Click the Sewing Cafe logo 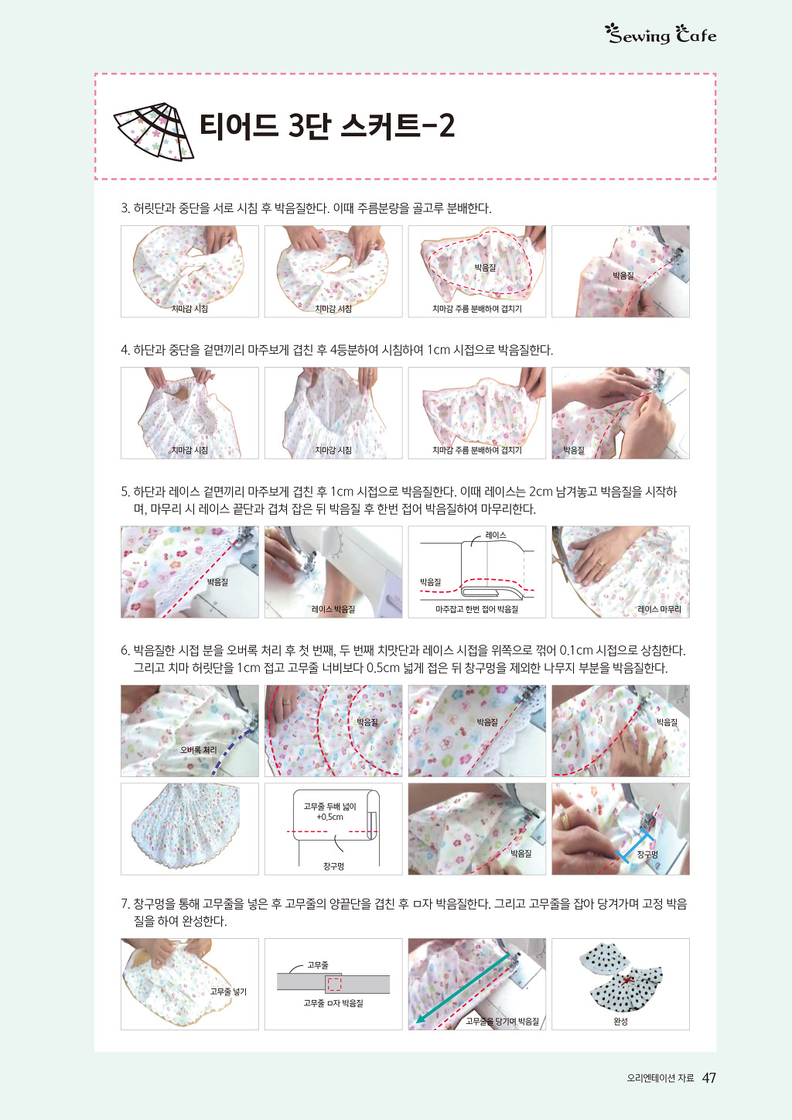(661, 34)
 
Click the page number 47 (708, 1077)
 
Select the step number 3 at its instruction (125, 208)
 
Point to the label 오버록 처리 (198, 750)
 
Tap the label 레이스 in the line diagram (496, 535)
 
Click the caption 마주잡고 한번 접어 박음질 (476, 609)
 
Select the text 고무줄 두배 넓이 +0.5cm (329, 811)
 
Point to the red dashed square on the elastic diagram (334, 984)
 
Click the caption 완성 (620, 1022)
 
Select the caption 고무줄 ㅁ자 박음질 (333, 1003)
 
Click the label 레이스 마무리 (659, 609)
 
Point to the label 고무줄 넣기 (228, 992)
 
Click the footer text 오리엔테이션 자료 (661, 1078)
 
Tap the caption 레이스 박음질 (333, 609)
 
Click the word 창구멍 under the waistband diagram (333, 866)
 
